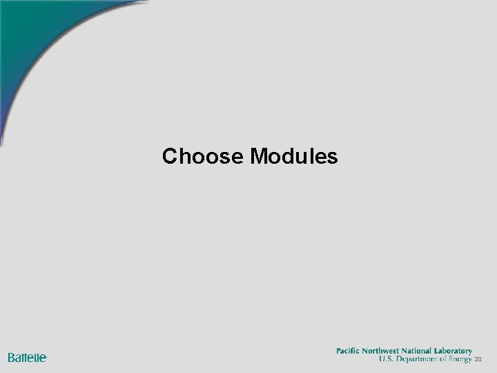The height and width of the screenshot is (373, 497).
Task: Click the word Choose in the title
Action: (203, 157)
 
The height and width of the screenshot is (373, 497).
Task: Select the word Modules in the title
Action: (295, 157)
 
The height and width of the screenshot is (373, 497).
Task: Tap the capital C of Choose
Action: (169, 157)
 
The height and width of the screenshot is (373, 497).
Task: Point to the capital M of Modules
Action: (259, 157)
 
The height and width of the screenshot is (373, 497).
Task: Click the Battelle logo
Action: (27, 358)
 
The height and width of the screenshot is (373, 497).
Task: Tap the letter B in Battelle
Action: (12, 358)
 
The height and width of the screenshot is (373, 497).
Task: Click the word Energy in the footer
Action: (458, 360)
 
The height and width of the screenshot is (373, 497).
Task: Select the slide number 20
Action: (478, 361)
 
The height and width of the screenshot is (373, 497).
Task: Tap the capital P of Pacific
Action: (339, 351)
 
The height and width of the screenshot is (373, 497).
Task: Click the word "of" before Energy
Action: (442, 360)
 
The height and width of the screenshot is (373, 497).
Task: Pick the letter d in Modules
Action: (291, 157)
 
